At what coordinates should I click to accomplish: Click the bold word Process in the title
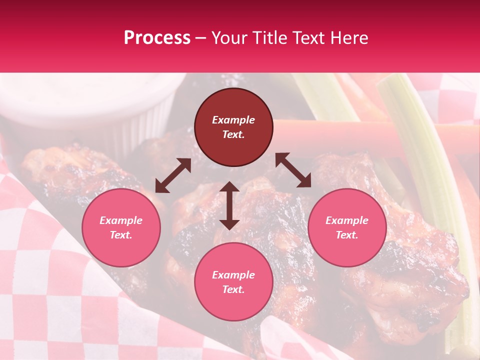[x=157, y=38]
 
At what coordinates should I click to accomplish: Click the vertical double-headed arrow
[x=229, y=205]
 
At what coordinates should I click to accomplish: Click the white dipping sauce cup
[x=90, y=100]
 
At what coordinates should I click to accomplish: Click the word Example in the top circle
[x=233, y=120]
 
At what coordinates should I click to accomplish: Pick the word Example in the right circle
[x=347, y=220]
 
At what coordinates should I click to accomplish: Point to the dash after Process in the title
[x=200, y=38]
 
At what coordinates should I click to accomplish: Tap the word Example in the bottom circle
[x=233, y=275]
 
